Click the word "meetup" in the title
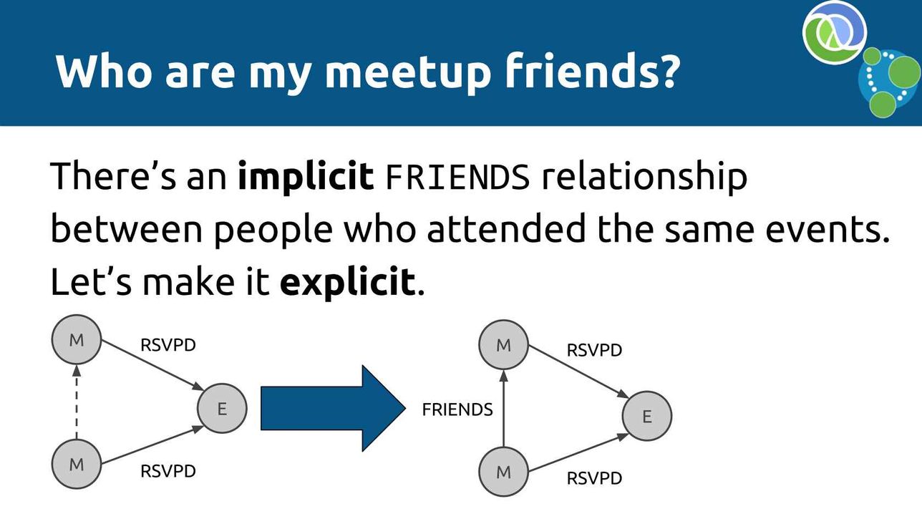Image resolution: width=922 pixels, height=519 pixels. point(407,72)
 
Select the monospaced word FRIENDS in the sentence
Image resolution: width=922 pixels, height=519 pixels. point(457,177)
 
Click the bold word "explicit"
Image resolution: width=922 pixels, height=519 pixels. point(348,283)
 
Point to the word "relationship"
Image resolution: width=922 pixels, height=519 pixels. point(644,177)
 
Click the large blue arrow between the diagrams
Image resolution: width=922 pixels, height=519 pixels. point(334,408)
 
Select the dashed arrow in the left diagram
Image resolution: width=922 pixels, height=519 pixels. point(77,402)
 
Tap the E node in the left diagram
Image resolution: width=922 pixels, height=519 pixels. point(222,408)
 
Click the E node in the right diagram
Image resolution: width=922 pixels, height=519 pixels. point(647,416)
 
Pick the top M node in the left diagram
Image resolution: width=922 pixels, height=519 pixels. point(77,340)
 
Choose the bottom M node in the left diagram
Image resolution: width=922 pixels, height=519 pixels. point(77,464)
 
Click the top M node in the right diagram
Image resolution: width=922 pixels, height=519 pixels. point(503,345)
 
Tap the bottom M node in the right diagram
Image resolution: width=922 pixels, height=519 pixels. point(503,471)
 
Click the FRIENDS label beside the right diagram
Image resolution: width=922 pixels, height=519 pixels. point(457,409)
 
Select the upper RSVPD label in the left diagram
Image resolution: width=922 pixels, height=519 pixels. point(168,345)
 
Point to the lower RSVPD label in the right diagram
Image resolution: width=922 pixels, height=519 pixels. point(594,478)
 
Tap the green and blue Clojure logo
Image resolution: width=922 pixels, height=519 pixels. point(835,33)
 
